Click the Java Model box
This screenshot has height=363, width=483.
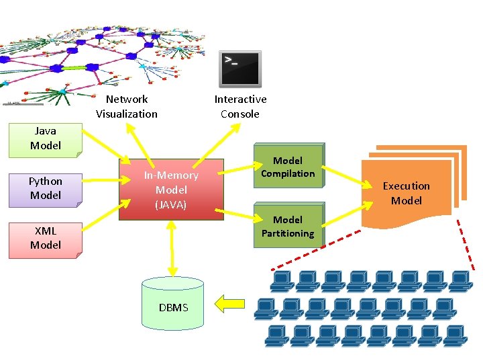[45, 138]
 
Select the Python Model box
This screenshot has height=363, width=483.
[45, 189]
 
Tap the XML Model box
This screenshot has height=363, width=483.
[45, 239]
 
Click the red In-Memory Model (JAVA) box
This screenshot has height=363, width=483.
[171, 190]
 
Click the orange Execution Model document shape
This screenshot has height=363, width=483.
[406, 194]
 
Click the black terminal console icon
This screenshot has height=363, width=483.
[240, 69]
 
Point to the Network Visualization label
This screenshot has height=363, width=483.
[126, 107]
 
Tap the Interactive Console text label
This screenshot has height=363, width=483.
[240, 107]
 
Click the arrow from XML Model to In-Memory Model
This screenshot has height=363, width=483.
[101, 216]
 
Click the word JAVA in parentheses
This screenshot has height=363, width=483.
[171, 204]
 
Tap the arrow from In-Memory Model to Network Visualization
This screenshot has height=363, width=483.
[141, 142]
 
